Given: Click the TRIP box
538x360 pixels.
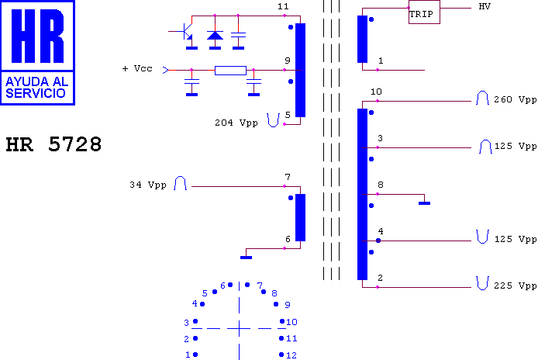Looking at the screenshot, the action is (x=424, y=12).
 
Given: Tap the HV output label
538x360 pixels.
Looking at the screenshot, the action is (x=485, y=6).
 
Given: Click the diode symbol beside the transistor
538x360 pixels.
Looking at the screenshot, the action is (x=215, y=35).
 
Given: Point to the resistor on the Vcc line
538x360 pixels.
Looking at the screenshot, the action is (x=230, y=71).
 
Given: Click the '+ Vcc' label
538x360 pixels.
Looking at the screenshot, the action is (x=137, y=69).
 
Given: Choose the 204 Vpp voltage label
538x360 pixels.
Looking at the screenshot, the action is (x=236, y=123).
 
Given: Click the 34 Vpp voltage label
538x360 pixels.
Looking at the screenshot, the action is (x=148, y=185).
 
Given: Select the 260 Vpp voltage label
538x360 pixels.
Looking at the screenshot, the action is (x=515, y=99).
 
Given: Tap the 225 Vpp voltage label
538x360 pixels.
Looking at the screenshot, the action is (x=515, y=286).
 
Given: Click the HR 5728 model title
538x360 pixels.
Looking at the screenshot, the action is (x=53, y=144).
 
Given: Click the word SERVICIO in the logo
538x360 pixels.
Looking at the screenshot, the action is (x=36, y=93).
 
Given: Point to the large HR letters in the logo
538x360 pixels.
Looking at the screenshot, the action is (x=37, y=36).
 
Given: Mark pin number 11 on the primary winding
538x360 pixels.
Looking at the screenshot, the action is (x=283, y=6).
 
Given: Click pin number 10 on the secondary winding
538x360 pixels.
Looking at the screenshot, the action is (x=376, y=92).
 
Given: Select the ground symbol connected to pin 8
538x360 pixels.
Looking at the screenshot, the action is (x=424, y=203).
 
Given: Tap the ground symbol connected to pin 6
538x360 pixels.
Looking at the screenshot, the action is (x=246, y=258).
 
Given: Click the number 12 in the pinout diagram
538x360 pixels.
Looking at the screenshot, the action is (x=291, y=355).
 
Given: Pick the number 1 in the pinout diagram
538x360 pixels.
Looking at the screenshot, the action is (x=188, y=355).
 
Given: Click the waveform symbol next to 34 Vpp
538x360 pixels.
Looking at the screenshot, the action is (x=180, y=183).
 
